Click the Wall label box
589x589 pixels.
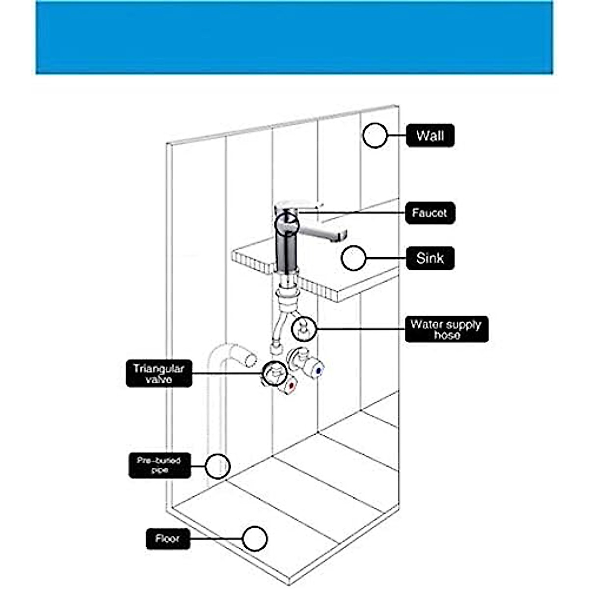(x=430, y=136)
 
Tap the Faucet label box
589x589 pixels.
(x=430, y=213)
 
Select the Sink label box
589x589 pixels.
(x=430, y=258)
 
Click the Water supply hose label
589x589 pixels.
(x=446, y=329)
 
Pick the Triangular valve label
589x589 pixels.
(x=159, y=374)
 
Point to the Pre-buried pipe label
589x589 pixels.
(x=159, y=465)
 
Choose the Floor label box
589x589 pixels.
(x=168, y=539)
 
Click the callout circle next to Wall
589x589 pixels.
(x=375, y=135)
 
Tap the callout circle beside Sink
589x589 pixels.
(x=353, y=258)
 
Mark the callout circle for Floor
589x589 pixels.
(x=255, y=539)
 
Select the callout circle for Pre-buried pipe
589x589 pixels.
(x=217, y=466)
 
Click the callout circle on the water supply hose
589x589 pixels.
(x=304, y=329)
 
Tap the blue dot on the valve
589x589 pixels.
(x=319, y=372)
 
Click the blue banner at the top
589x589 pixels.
(x=294, y=37)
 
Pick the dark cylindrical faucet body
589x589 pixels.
(x=288, y=250)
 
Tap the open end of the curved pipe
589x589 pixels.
(x=250, y=359)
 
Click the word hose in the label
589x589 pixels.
(x=447, y=336)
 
